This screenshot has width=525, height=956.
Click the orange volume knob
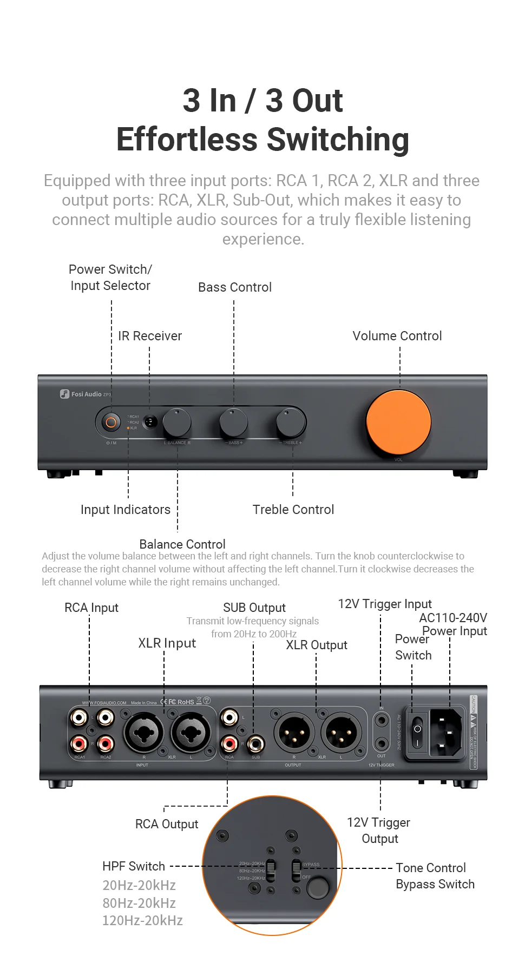(x=398, y=422)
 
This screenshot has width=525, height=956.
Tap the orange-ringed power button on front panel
(x=111, y=422)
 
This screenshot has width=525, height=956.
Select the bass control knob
(x=234, y=423)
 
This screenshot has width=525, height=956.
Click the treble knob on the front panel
(x=291, y=423)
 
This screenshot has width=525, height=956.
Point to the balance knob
(x=177, y=423)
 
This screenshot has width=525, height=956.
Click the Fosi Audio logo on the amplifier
(x=85, y=394)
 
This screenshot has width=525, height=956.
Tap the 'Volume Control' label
(x=397, y=336)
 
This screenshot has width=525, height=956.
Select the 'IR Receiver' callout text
(x=150, y=336)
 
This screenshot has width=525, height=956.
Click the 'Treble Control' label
(x=293, y=510)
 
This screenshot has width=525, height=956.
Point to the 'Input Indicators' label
(x=126, y=510)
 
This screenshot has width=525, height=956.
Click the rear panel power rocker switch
(x=417, y=732)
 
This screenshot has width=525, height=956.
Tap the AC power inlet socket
(x=446, y=733)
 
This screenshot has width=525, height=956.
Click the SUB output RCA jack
(x=255, y=744)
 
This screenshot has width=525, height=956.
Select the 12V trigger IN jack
(x=382, y=721)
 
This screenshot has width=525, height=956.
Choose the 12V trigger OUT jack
(x=382, y=744)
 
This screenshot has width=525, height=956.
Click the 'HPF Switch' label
(x=134, y=866)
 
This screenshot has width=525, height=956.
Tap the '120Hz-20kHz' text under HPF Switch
(x=143, y=920)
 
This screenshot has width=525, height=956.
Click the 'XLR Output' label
(x=317, y=645)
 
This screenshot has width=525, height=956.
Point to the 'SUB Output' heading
(x=254, y=608)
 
